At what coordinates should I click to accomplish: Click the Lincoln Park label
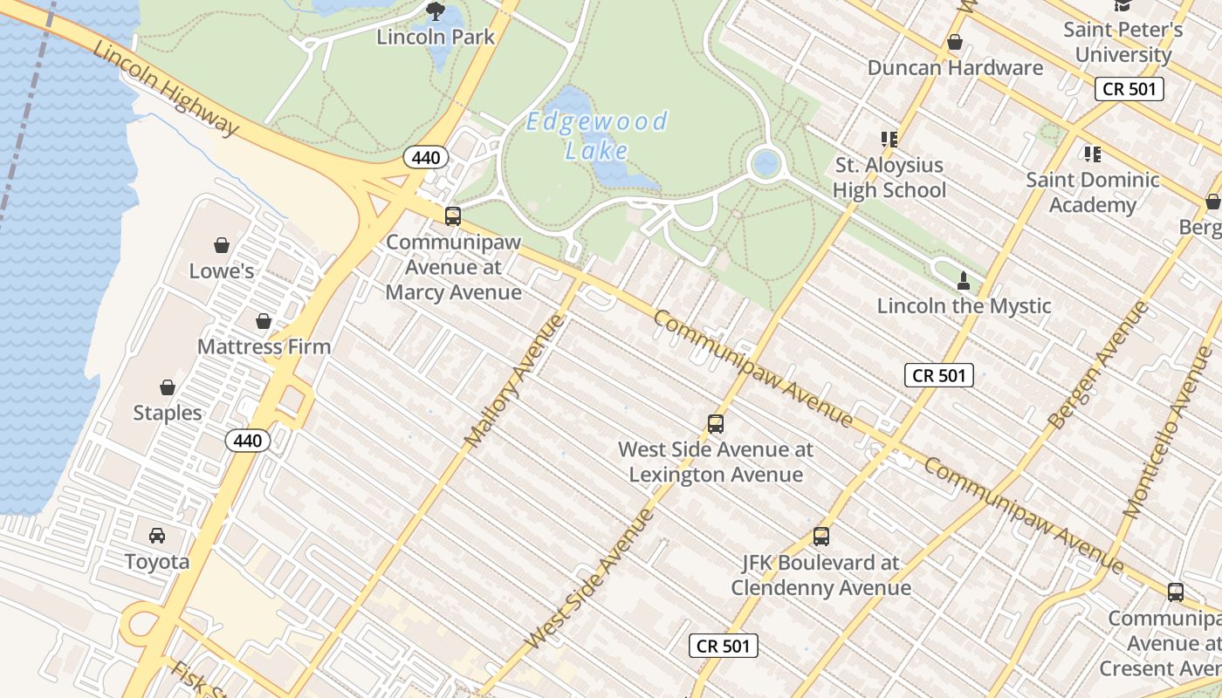point(436,37)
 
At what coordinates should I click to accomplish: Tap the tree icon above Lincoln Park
point(435,11)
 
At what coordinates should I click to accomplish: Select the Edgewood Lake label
point(597,135)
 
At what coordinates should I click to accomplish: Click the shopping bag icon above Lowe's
point(222,245)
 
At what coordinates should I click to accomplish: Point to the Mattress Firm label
point(264,346)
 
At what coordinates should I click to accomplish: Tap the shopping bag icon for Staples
point(167,387)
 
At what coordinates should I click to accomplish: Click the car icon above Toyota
point(157,536)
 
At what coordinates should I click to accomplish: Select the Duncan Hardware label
point(955,67)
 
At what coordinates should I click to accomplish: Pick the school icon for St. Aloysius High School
point(889,140)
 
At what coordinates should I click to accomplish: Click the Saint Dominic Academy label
point(1092,192)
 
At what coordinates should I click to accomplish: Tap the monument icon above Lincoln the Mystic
point(964,281)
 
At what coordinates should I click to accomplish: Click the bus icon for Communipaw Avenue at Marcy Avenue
point(453,216)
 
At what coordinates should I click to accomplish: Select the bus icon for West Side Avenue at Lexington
point(716,424)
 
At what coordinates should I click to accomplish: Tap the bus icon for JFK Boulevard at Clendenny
point(820,537)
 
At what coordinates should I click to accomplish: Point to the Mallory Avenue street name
point(515,381)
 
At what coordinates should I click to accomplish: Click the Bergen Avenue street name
point(1098,365)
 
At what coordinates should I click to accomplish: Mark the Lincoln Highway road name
point(166,89)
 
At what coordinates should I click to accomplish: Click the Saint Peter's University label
point(1122,42)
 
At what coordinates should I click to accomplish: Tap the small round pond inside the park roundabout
point(765,163)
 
